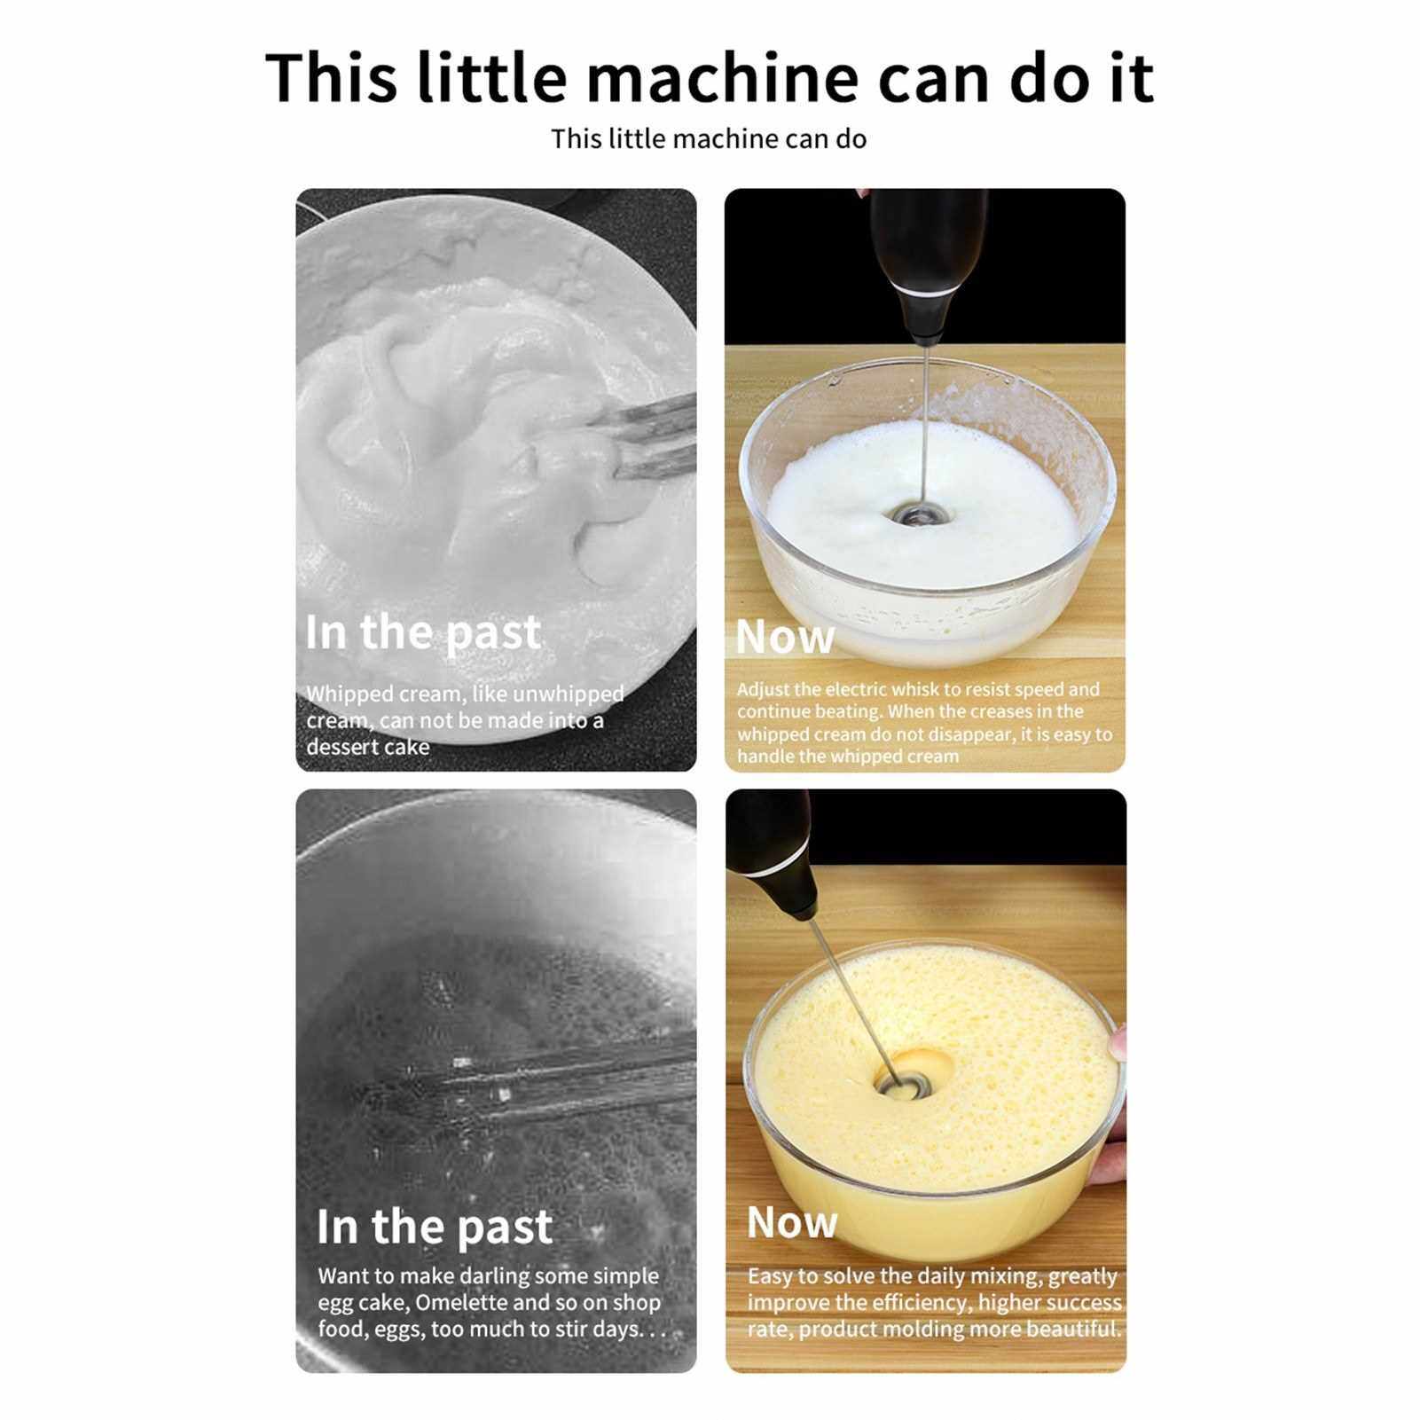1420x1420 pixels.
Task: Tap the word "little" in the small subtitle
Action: (x=636, y=139)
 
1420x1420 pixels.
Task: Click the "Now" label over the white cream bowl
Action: (x=785, y=637)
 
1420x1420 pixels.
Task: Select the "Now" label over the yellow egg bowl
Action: (x=792, y=1222)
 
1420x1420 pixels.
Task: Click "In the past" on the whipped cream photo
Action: (x=422, y=633)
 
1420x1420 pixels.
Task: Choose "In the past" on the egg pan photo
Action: (x=435, y=1228)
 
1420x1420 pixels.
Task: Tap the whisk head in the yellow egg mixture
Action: (x=904, y=1084)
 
